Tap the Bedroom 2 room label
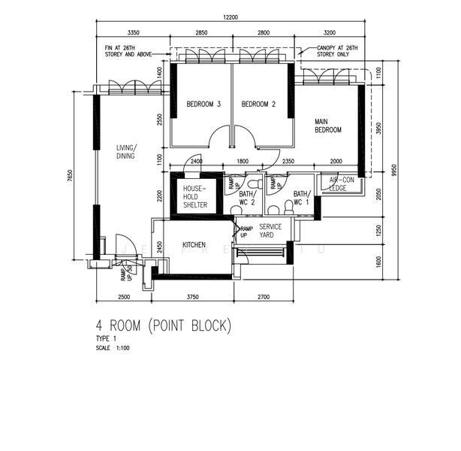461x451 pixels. (259, 104)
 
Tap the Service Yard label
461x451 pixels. (270, 231)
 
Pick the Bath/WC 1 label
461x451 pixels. (303, 198)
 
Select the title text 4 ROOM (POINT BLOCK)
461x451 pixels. (163, 326)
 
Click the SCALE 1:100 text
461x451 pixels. (112, 348)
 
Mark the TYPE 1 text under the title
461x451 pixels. (106, 340)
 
